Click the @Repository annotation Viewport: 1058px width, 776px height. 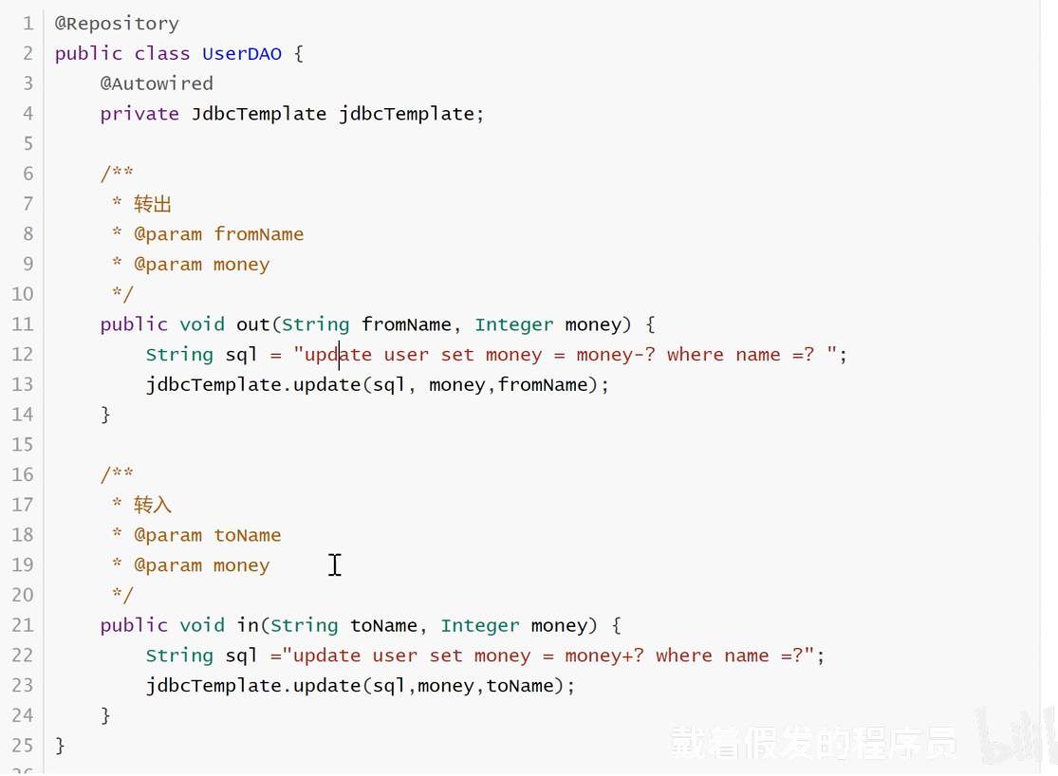click(117, 24)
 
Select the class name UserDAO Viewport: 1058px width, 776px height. click(242, 53)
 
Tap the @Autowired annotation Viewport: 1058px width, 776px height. click(157, 83)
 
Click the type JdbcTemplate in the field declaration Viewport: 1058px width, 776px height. click(259, 113)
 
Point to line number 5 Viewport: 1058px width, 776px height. click(28, 144)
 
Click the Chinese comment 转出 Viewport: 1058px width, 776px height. click(153, 204)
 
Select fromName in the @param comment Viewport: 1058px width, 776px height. click(259, 234)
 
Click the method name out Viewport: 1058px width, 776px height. click(253, 324)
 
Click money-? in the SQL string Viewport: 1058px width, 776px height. click(616, 355)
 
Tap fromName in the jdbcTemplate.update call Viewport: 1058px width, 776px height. click(543, 384)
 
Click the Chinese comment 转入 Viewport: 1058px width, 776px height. click(153, 505)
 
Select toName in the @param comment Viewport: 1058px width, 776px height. click(248, 535)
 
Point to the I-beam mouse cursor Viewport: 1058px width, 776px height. click(335, 565)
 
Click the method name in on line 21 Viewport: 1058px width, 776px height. click(247, 625)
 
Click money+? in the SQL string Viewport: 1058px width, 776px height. click(603, 656)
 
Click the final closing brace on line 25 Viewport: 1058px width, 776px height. click(60, 746)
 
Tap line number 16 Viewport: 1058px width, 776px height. click(22, 474)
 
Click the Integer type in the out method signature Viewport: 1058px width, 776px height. click(514, 324)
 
